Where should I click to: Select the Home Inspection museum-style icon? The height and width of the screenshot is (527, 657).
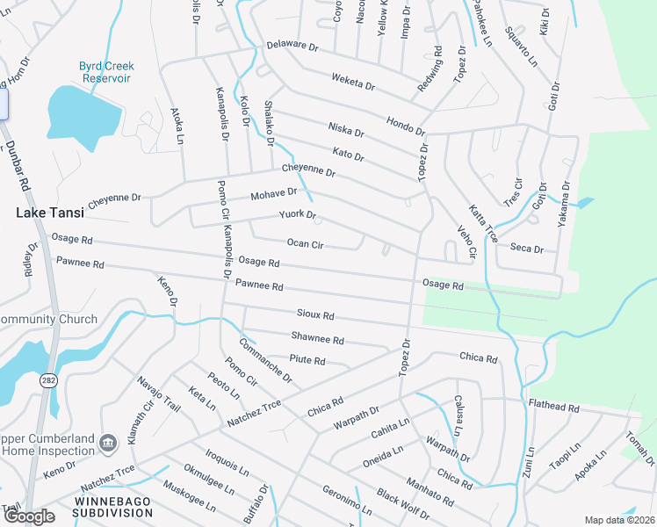[x=108, y=441]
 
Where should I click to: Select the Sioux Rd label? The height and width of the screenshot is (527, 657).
[x=315, y=315]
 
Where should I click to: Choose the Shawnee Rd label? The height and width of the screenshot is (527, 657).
[x=317, y=339]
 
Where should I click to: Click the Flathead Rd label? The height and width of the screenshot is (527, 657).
[x=553, y=408]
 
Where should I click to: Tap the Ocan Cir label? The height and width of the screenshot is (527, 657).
[x=307, y=243]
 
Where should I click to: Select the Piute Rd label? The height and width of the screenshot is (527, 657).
[x=307, y=360]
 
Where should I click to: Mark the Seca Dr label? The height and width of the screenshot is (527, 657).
[x=527, y=249]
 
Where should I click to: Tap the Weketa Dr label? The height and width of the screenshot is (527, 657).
[x=353, y=83]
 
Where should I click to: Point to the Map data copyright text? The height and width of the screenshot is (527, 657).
[x=617, y=520]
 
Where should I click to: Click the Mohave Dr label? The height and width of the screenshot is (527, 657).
[x=273, y=193]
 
